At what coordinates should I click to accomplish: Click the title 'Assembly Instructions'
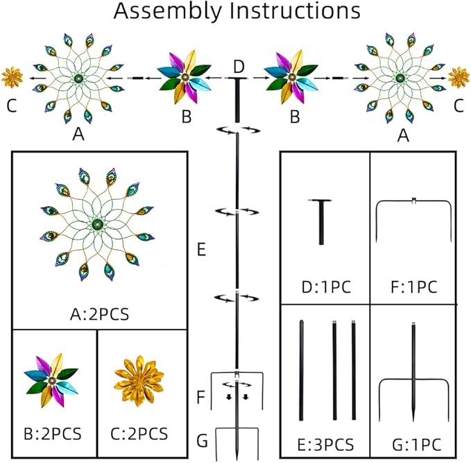click(237, 12)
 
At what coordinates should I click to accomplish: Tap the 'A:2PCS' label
click(99, 312)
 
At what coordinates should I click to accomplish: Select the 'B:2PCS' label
click(53, 435)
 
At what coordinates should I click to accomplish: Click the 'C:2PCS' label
click(139, 435)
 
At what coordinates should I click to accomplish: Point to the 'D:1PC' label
click(324, 287)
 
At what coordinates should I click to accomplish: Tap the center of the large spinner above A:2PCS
click(95, 224)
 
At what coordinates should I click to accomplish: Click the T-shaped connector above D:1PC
click(321, 221)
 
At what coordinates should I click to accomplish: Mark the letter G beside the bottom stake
click(202, 441)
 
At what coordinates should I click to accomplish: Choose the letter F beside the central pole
click(202, 398)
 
